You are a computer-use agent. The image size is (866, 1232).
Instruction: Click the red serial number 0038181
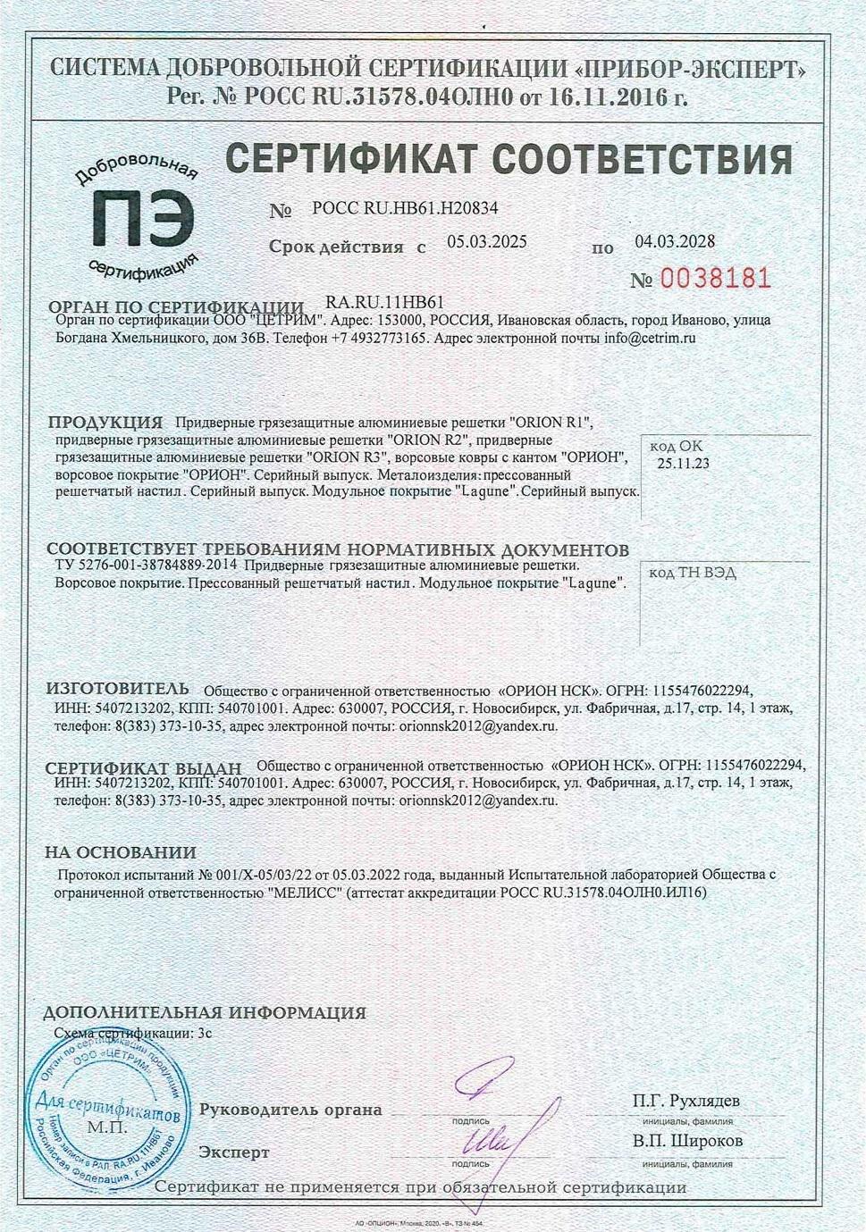(714, 279)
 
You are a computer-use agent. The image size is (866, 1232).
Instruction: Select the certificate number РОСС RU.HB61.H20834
(405, 209)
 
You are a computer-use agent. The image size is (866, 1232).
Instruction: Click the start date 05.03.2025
(487, 242)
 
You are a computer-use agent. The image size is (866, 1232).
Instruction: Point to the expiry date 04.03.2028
(675, 241)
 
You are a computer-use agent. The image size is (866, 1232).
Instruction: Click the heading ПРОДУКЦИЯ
(105, 423)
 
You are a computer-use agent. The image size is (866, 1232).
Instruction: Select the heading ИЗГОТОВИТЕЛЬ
(117, 689)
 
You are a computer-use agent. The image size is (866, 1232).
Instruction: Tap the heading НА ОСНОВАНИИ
(121, 853)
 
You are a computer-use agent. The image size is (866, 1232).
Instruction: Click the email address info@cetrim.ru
(650, 339)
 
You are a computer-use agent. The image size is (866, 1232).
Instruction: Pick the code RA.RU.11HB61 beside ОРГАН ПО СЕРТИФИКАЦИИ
(385, 305)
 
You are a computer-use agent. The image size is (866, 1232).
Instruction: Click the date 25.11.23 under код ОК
(684, 463)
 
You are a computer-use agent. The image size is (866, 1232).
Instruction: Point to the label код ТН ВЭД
(693, 574)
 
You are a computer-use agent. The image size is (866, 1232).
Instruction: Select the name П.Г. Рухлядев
(685, 1101)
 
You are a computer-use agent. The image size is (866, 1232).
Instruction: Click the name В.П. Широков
(687, 1141)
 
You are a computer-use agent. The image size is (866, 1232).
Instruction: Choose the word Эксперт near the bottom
(234, 1152)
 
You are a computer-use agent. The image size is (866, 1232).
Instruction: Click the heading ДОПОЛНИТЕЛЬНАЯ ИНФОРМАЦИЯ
(205, 1013)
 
